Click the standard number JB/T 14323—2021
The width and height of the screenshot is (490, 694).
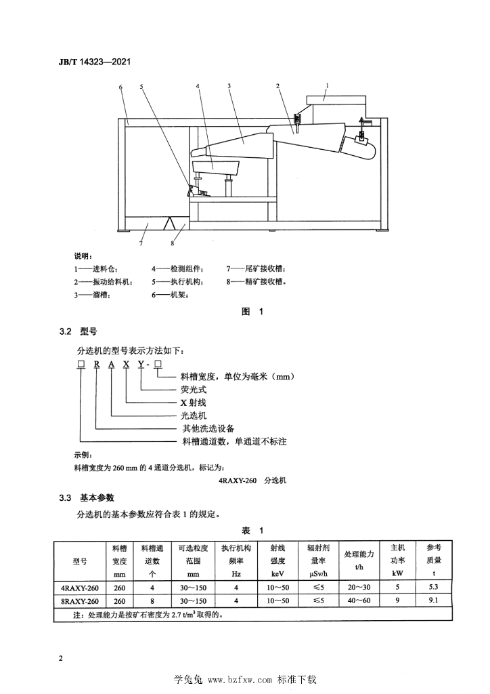[95, 62]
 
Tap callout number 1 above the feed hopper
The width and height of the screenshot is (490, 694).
[327, 85]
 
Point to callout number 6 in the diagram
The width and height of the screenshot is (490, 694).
[120, 87]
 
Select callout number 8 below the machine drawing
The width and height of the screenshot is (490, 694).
[173, 243]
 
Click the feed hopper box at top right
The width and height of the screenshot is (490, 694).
[336, 100]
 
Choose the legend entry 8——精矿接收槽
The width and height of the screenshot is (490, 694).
[257, 281]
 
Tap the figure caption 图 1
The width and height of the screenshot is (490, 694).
[252, 312]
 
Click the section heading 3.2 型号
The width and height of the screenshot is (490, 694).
[79, 331]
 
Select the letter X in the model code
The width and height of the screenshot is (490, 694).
[127, 364]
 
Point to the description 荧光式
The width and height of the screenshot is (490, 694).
[194, 390]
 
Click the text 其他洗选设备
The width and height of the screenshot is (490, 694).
[208, 428]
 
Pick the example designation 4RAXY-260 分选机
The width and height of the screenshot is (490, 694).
[252, 481]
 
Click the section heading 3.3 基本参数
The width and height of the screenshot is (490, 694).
[87, 498]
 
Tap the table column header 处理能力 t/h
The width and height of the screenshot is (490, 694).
[359, 560]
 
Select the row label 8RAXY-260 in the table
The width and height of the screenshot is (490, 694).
[80, 601]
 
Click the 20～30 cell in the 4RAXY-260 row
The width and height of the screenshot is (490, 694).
[359, 588]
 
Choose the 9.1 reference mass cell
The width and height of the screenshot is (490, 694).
[433, 600]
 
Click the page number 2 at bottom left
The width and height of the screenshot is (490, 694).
[61, 658]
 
